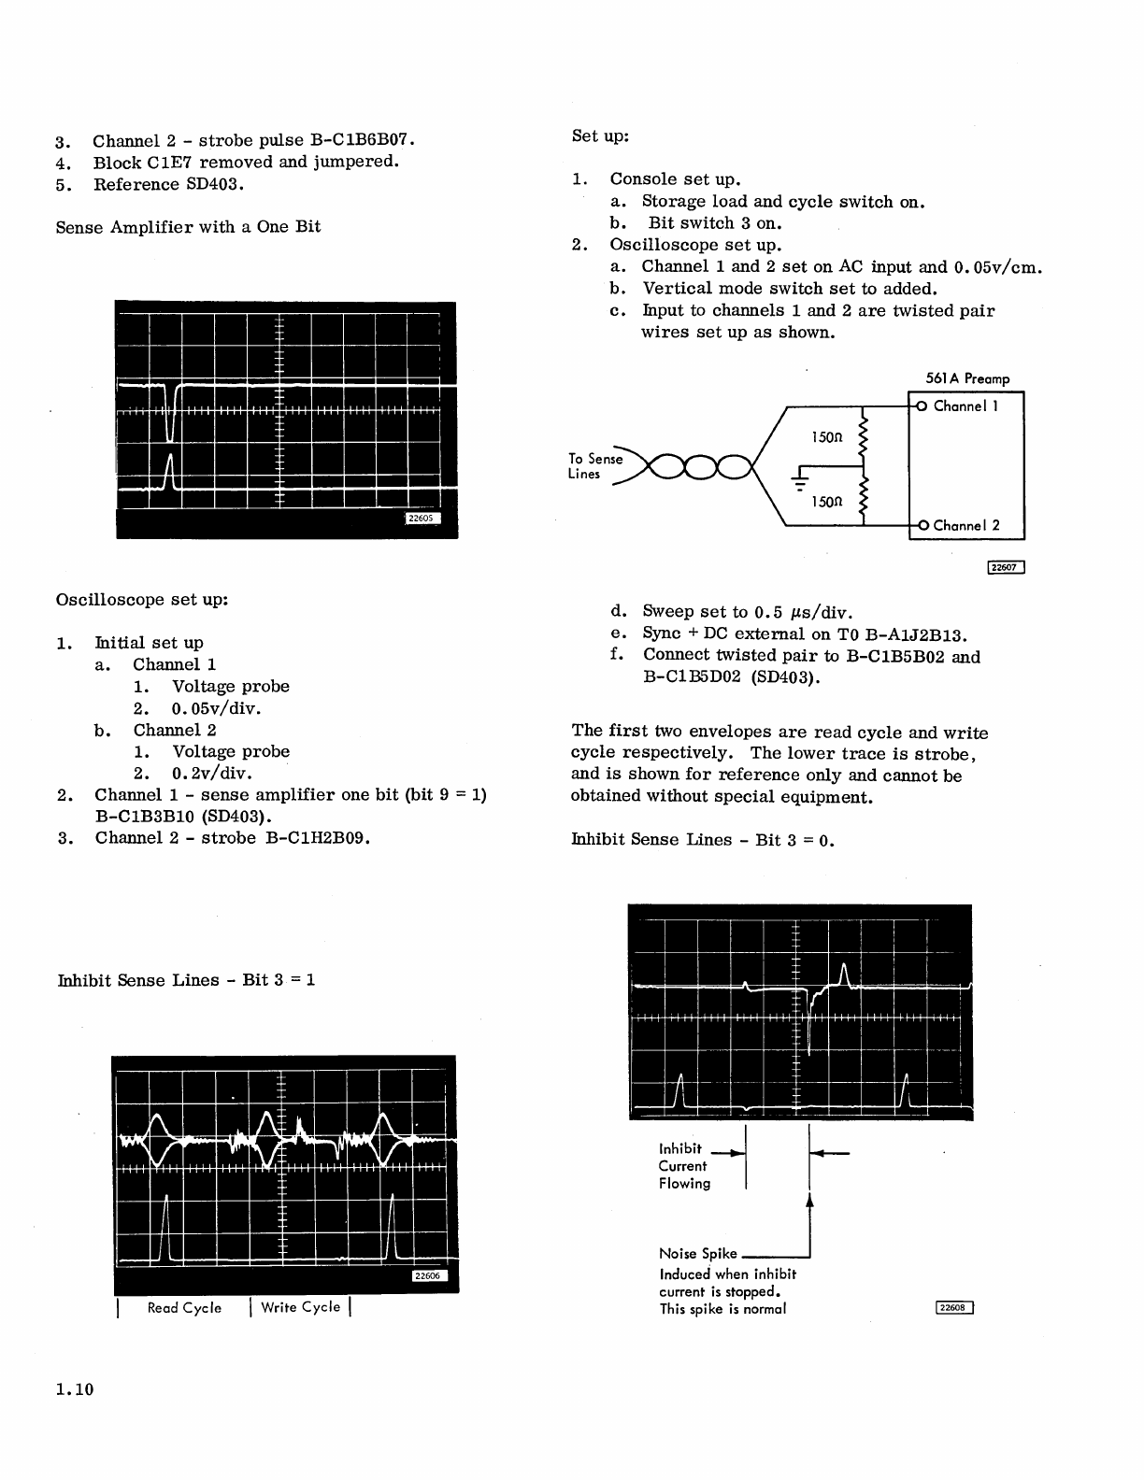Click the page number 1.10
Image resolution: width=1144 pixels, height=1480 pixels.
point(75,1389)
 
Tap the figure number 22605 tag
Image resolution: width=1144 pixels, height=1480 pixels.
point(422,519)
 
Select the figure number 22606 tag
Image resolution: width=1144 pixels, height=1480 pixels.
point(429,1276)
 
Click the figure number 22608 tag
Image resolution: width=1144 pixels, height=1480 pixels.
point(953,1307)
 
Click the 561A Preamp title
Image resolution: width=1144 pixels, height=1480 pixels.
point(961,378)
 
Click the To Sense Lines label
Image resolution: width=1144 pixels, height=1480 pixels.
point(594,465)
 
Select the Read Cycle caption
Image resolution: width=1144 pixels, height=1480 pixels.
point(184,1307)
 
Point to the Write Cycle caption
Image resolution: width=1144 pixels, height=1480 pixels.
point(300,1306)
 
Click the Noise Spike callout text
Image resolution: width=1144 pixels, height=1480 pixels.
point(697,1254)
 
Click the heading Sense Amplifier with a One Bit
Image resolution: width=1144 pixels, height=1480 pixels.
point(188,226)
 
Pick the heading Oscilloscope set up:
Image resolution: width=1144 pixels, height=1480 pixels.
point(142,599)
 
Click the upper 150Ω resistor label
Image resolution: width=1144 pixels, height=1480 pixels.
point(826,436)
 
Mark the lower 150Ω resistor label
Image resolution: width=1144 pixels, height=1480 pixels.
point(826,502)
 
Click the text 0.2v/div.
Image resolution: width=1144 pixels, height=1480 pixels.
point(212,773)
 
